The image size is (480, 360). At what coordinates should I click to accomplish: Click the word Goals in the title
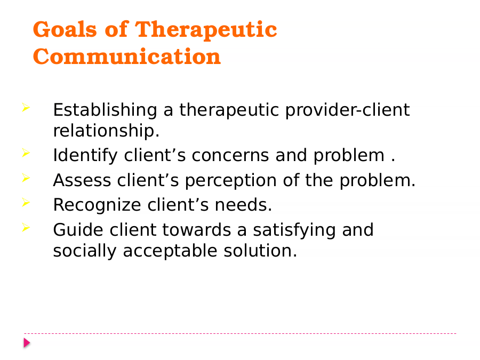click(x=65, y=29)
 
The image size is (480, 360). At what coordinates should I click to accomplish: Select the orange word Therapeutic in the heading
click(x=206, y=30)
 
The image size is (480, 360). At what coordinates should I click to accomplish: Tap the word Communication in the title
click(x=127, y=57)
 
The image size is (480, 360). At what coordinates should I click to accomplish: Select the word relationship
click(x=106, y=131)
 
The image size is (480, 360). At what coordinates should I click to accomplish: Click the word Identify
click(x=85, y=156)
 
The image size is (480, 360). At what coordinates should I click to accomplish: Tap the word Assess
click(x=82, y=180)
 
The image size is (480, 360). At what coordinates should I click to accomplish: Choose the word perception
click(x=231, y=181)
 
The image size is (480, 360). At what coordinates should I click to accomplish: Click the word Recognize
click(x=97, y=205)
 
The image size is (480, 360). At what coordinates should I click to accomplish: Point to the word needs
click(x=243, y=205)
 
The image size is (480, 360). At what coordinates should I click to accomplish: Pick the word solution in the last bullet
click(x=260, y=251)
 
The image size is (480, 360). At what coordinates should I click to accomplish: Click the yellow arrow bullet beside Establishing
click(x=26, y=107)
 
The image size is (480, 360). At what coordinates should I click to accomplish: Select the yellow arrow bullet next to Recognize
click(x=26, y=202)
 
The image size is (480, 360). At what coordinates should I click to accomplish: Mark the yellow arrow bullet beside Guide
click(x=26, y=227)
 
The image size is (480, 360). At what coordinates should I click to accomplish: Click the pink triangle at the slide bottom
click(x=27, y=343)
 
